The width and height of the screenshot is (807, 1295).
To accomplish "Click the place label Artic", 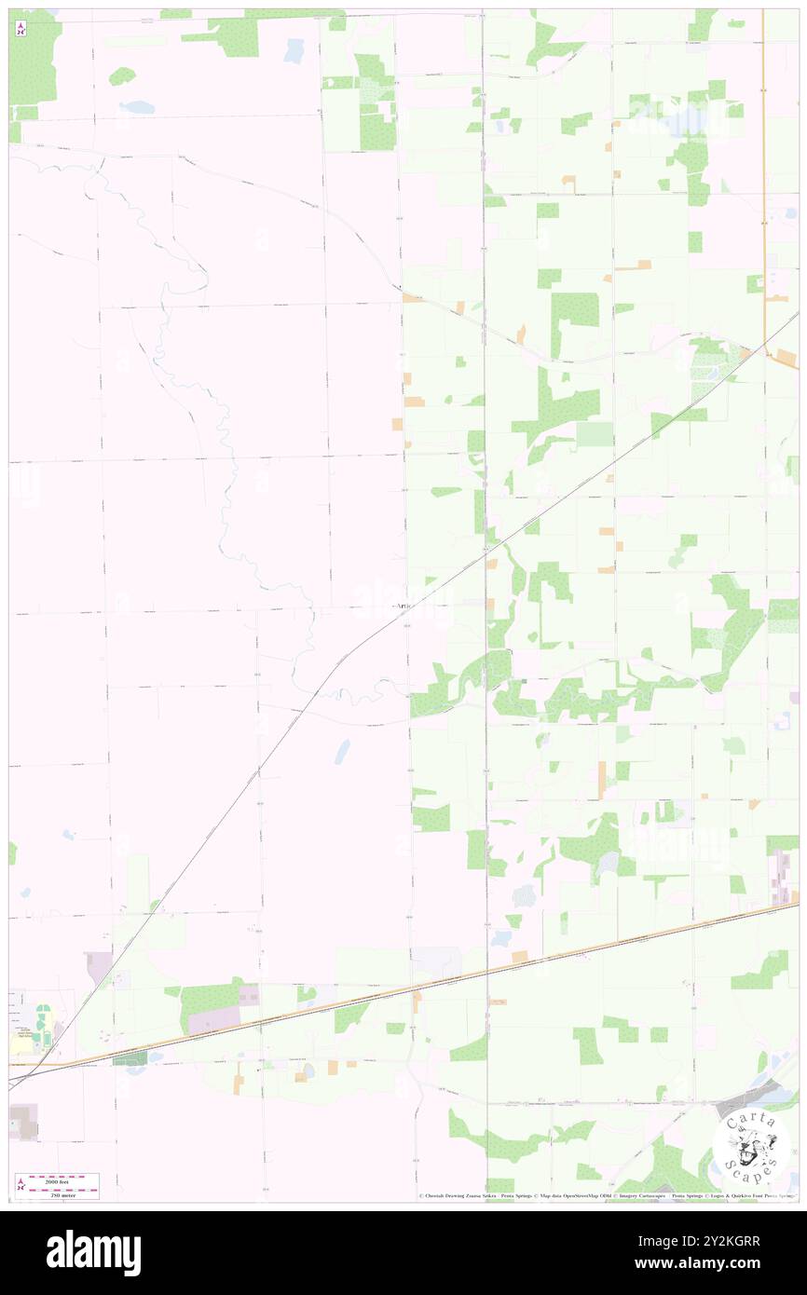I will [x=402, y=606].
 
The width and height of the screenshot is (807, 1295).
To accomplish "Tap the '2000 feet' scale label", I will [x=64, y=1179].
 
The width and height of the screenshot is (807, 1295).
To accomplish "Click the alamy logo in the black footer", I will [x=93, y=1252].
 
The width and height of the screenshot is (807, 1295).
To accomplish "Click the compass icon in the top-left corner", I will [x=21, y=28].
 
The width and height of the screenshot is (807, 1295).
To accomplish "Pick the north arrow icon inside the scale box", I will [x=21, y=1184].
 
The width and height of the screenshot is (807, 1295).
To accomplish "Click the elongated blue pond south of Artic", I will [x=342, y=751].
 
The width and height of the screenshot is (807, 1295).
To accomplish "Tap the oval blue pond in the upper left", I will [x=137, y=107].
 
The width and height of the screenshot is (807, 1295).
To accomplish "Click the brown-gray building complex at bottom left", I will [x=24, y=1123].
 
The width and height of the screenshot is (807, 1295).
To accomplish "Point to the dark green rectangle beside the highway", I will [x=130, y=1058].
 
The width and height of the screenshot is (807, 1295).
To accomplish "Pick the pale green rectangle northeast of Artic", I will [x=595, y=434].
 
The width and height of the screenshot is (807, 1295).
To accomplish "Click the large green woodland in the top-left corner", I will [x=34, y=61].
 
